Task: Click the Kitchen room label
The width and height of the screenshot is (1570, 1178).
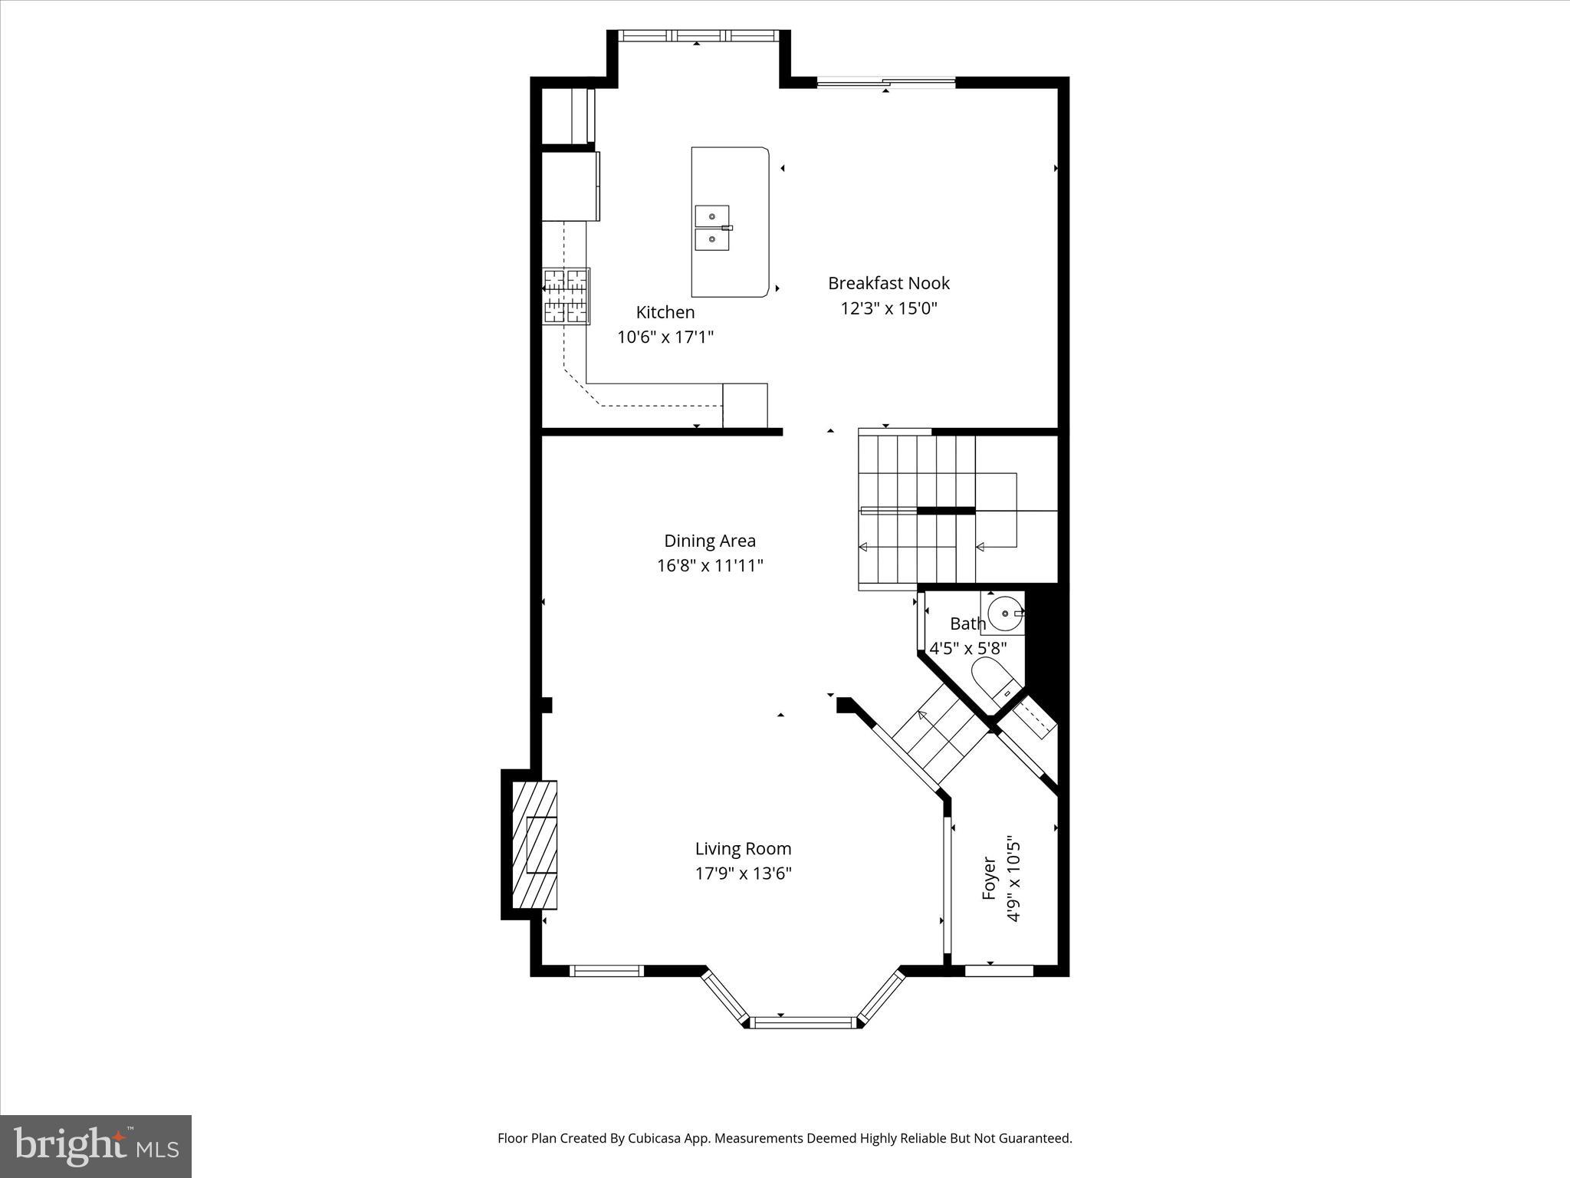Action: [665, 312]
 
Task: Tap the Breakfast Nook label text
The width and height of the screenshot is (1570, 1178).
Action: [888, 283]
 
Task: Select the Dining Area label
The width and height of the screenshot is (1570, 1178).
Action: [710, 541]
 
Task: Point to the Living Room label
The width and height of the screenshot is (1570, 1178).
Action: [743, 849]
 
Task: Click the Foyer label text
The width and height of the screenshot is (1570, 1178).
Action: [989, 878]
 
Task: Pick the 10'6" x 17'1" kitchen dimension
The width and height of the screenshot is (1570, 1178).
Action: [665, 337]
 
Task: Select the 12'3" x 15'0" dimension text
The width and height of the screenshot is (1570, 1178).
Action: [888, 308]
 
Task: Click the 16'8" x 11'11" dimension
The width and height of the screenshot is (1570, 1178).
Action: [710, 566]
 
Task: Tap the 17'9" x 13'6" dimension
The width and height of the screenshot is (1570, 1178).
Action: [743, 874]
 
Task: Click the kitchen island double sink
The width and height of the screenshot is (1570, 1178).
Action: [713, 228]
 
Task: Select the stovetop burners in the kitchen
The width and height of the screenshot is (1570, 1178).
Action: [567, 296]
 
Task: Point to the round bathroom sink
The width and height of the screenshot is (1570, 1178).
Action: [1005, 614]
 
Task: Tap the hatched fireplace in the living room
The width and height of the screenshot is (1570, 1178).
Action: [534, 845]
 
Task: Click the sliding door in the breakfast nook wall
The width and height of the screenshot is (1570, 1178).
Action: [886, 82]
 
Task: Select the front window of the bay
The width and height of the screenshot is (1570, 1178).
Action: [803, 1022]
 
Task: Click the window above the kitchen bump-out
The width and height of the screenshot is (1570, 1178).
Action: [698, 35]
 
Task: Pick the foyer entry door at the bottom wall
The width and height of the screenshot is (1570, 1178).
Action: [999, 971]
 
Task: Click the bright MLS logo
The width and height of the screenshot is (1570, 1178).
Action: [96, 1147]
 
